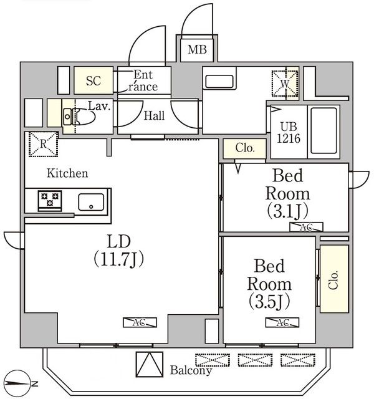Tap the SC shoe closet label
[93, 80]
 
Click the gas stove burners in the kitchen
[48, 201]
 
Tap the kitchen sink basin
[92, 201]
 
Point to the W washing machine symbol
[284, 82]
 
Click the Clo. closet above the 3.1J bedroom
[244, 148]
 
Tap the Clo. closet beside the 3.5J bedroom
[333, 279]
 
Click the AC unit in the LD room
[140, 322]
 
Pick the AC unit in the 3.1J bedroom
[305, 227]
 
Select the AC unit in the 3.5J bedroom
[282, 323]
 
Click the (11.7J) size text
[119, 258]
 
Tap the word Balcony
[191, 370]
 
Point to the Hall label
[154, 115]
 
